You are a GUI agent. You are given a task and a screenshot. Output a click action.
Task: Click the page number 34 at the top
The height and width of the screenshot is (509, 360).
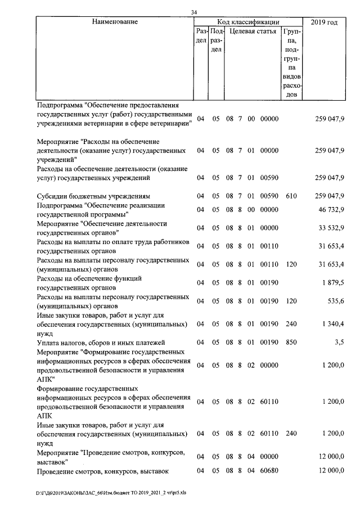(x=194, y=13)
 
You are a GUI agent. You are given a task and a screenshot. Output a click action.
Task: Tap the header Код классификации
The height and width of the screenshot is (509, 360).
(x=248, y=22)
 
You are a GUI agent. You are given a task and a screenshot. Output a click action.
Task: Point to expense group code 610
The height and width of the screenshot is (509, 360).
(x=291, y=196)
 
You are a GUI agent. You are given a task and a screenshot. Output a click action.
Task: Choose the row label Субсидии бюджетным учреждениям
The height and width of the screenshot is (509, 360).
(x=93, y=196)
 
